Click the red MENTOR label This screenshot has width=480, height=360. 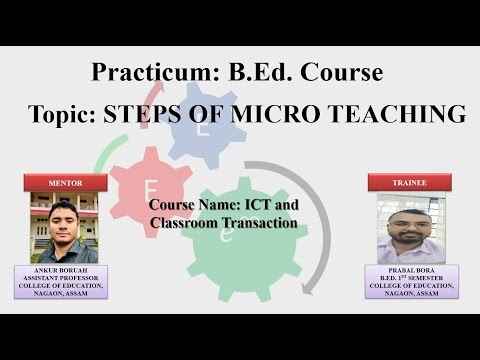tap(65, 183)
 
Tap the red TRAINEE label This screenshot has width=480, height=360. tap(411, 183)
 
